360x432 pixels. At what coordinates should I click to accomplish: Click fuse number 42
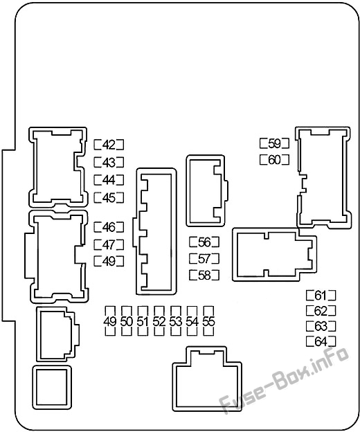point(109,145)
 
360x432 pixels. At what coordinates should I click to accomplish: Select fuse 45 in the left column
point(109,197)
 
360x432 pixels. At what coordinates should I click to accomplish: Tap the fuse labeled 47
point(109,244)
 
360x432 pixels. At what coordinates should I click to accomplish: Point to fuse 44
point(109,180)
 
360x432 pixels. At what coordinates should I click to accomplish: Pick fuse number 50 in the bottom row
point(127,321)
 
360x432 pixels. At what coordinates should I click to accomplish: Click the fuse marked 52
point(159,321)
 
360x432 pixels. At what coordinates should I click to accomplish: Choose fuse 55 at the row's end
point(208,321)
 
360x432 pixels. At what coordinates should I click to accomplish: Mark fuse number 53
point(176,321)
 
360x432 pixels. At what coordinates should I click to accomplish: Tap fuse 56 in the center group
point(204,242)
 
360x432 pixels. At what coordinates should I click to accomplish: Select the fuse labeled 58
point(204,275)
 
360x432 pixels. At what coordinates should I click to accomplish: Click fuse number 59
point(275,143)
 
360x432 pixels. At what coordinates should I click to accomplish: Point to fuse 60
point(275,160)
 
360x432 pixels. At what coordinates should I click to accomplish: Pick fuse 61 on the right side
point(321,296)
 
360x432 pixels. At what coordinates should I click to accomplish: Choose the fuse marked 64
point(321,341)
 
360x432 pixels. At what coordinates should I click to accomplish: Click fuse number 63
point(321,326)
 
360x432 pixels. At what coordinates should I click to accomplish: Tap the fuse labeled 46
point(109,227)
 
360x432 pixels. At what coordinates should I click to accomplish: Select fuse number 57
point(204,258)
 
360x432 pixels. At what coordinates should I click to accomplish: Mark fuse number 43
point(109,163)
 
